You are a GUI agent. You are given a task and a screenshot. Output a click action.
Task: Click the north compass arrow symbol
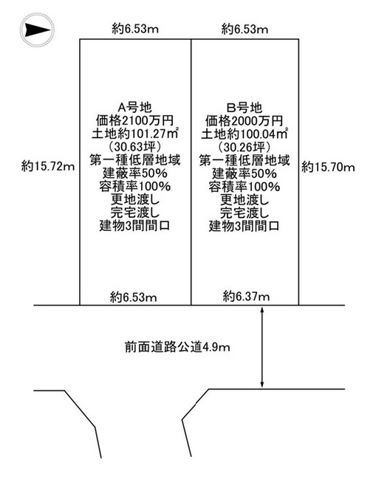[37, 30]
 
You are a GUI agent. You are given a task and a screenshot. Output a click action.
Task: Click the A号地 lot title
[134, 108]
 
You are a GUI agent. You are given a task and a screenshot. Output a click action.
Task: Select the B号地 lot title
[245, 108]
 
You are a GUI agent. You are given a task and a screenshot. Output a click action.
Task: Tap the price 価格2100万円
[134, 120]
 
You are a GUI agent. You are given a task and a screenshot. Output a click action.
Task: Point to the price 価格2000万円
[245, 121]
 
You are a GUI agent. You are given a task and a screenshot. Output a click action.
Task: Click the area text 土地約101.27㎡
[134, 134]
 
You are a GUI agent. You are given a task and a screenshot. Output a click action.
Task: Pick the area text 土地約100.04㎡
[245, 134]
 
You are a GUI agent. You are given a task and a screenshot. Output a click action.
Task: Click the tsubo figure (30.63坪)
[134, 148]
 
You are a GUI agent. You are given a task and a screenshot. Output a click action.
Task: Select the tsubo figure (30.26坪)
[245, 148]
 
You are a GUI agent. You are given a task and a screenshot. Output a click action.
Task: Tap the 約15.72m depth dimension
[48, 167]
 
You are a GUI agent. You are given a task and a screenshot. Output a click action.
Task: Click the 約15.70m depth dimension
[328, 167]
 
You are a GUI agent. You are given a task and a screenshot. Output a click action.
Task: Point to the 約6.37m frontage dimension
[247, 296]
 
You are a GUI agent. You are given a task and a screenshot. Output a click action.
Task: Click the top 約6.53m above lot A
[134, 30]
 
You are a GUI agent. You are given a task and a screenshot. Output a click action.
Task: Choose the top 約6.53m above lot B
[245, 30]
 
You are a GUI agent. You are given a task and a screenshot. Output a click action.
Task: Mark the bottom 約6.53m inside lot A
[134, 297]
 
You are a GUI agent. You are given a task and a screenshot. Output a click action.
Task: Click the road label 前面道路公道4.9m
[177, 348]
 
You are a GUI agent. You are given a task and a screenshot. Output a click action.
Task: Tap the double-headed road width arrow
[262, 347]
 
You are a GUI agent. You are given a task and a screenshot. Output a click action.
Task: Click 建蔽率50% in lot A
[134, 173]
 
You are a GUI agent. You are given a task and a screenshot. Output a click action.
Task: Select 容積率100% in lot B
[245, 187]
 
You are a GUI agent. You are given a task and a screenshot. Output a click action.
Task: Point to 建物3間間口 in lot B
[245, 227]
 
